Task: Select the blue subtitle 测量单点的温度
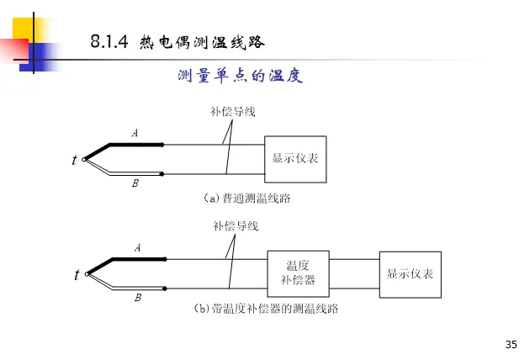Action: pyautogui.click(x=240, y=77)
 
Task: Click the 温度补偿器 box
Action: pyautogui.click(x=298, y=273)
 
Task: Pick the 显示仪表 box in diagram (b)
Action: pyautogui.click(x=410, y=274)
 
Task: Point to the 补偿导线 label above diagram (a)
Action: pyautogui.click(x=232, y=111)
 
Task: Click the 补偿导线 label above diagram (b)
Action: pyautogui.click(x=236, y=225)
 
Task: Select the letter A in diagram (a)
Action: pyautogui.click(x=135, y=133)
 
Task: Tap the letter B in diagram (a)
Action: pyautogui.click(x=135, y=183)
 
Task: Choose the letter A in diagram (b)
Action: pyautogui.click(x=137, y=247)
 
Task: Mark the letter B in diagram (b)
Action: pyautogui.click(x=138, y=297)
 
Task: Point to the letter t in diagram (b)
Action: pyautogui.click(x=77, y=274)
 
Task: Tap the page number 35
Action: pyautogui.click(x=511, y=344)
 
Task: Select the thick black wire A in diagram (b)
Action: pyautogui.click(x=139, y=259)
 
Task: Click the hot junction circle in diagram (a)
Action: pyautogui.click(x=86, y=159)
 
